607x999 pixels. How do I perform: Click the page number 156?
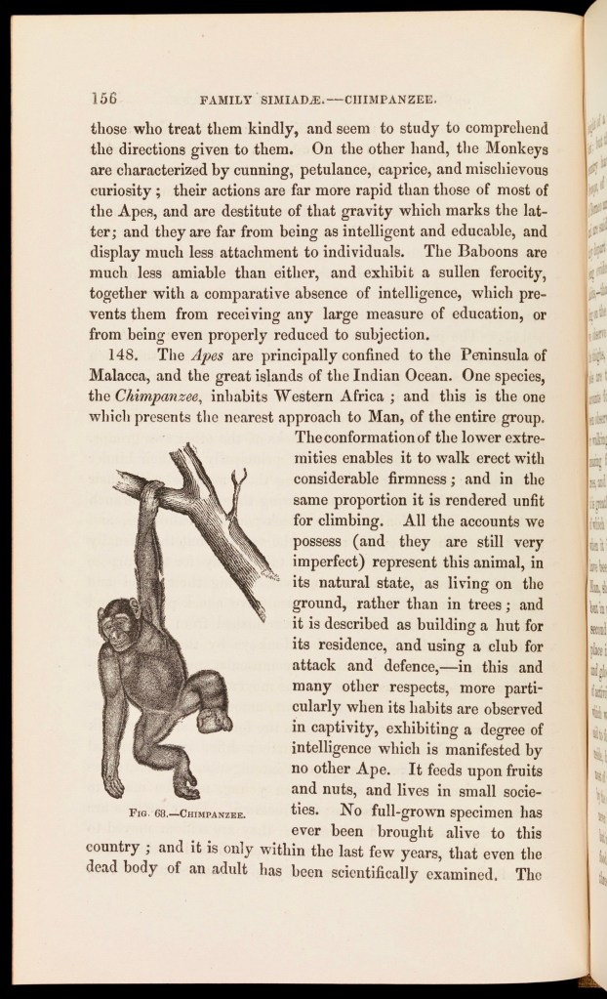click(x=103, y=98)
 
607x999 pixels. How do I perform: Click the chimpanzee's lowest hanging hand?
click(x=114, y=787)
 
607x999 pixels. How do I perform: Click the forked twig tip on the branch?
click(x=234, y=481)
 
